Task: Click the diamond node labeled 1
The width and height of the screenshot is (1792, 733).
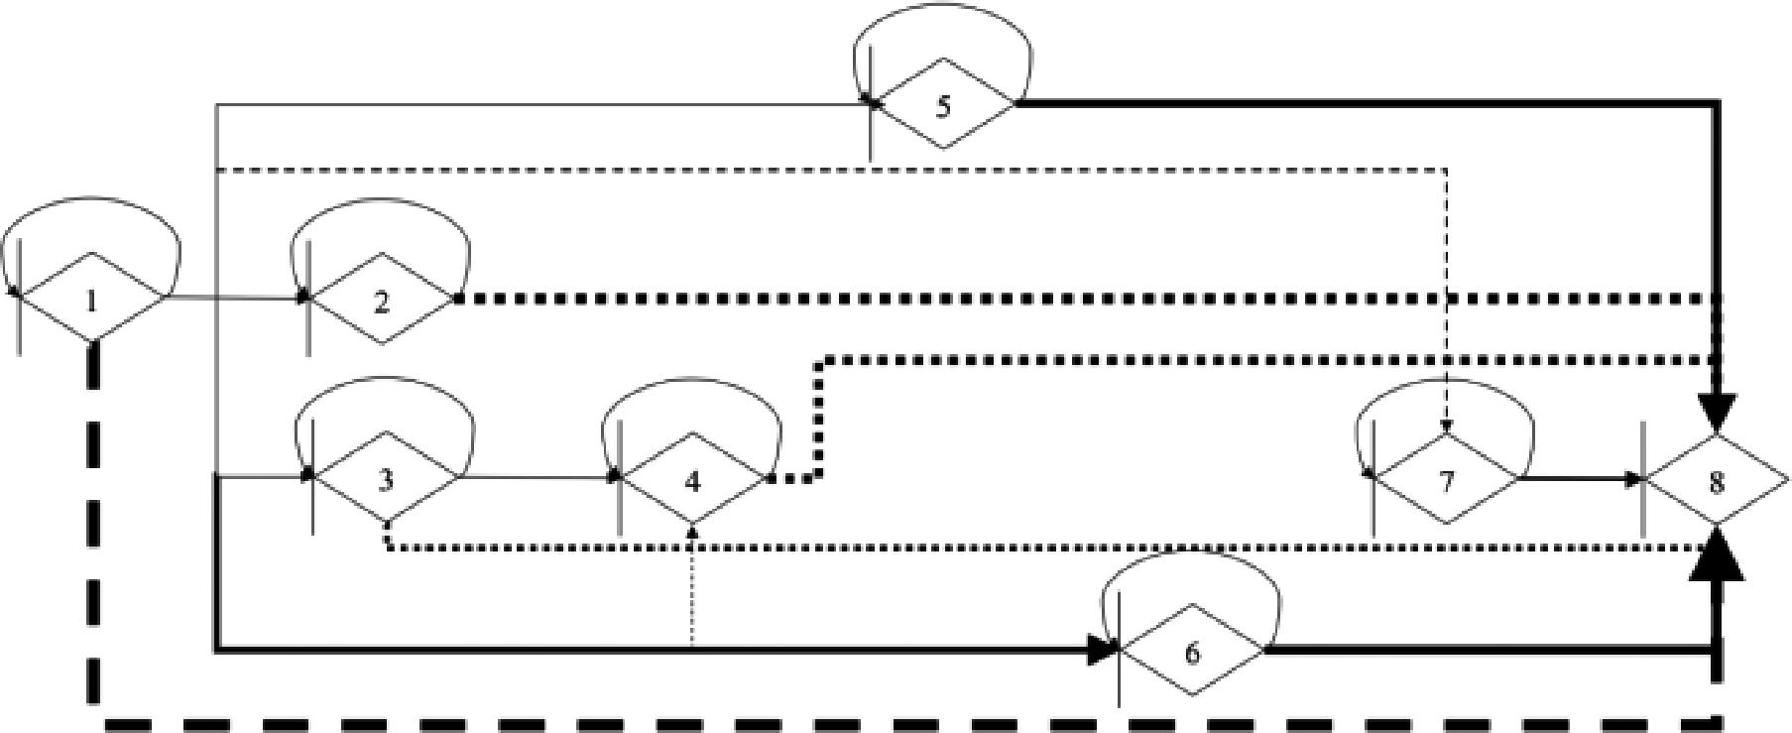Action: [92, 298]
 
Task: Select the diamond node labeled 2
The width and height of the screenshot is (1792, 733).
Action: [383, 300]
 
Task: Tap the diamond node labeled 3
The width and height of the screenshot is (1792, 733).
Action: [386, 478]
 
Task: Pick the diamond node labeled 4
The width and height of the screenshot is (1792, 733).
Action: [692, 480]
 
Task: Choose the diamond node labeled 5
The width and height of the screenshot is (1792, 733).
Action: [943, 104]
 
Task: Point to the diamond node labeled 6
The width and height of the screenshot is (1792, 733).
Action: [1192, 652]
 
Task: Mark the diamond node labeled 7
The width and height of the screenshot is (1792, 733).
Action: [1446, 480]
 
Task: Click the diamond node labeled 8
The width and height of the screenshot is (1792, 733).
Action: [1716, 480]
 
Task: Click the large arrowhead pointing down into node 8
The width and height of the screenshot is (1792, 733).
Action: [1717, 411]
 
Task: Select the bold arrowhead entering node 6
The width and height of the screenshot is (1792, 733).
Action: [1101, 650]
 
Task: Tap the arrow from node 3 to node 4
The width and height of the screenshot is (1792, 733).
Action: [536, 478]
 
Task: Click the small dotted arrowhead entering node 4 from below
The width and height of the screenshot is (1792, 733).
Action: [692, 532]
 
